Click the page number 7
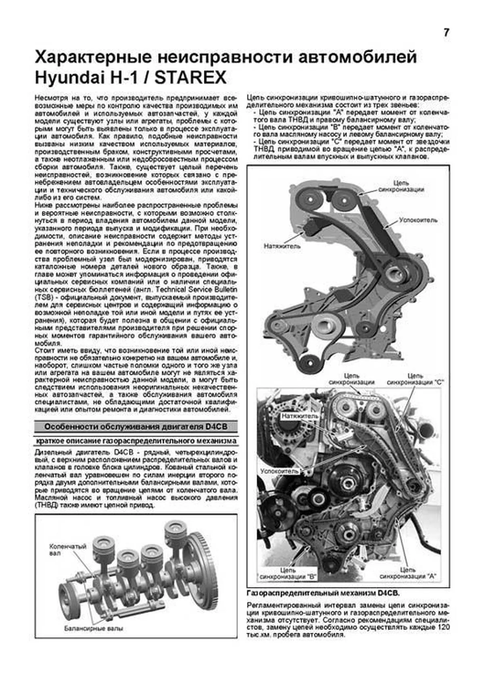point(446,33)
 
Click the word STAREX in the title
point(191,78)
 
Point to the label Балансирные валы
point(93,628)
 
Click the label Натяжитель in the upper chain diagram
point(282,246)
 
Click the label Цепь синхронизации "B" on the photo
point(288,574)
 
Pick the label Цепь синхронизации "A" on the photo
point(408,573)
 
